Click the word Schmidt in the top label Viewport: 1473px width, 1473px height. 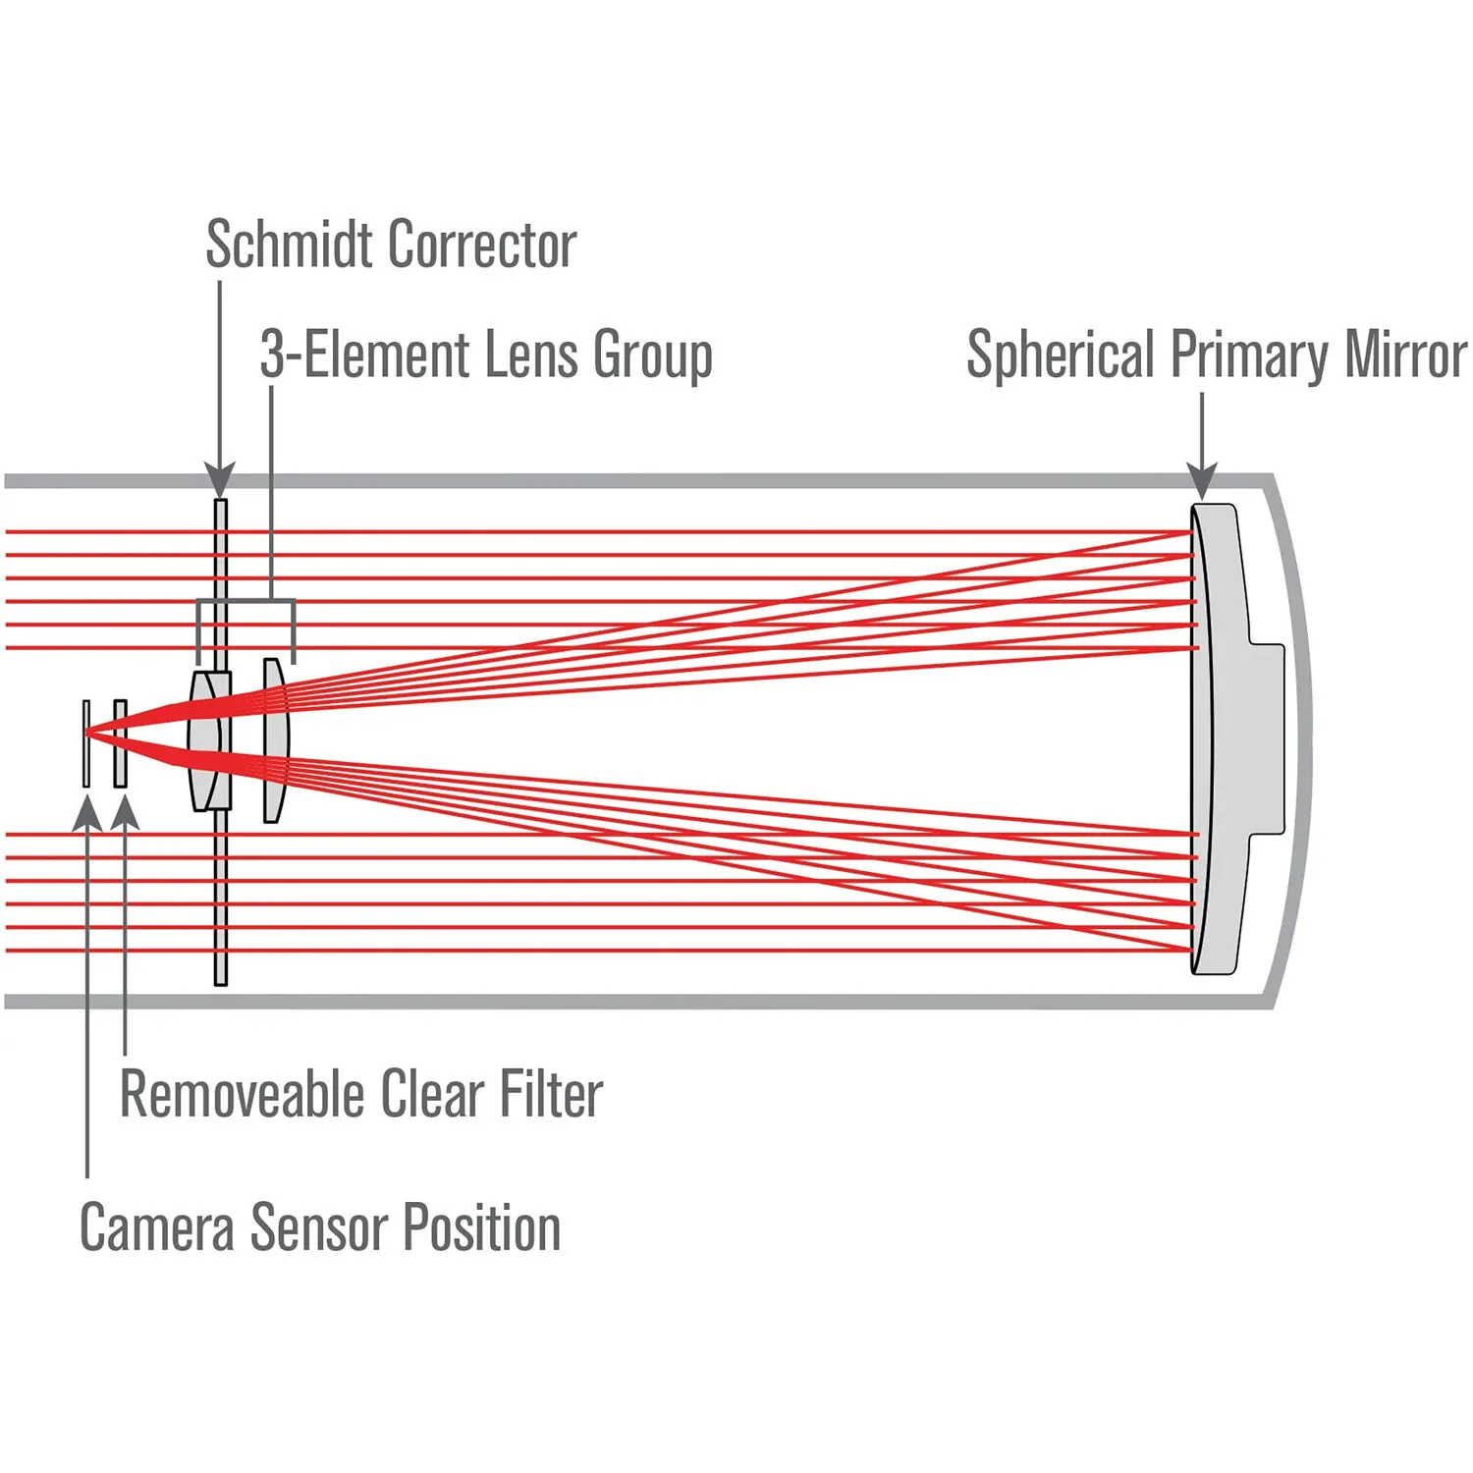click(x=290, y=245)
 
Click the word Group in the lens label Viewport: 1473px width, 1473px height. click(x=653, y=356)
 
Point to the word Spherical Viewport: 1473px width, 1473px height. click(x=1061, y=356)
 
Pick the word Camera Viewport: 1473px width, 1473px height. click(x=156, y=1227)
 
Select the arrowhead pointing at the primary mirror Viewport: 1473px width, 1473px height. click(x=1202, y=481)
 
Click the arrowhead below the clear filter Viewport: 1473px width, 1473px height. click(x=125, y=813)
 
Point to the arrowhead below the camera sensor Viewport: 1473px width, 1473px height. click(x=87, y=813)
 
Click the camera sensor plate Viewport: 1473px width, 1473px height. click(x=86, y=743)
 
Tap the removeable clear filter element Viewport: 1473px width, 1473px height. click(x=121, y=743)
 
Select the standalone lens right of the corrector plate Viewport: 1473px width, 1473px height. click(x=275, y=740)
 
